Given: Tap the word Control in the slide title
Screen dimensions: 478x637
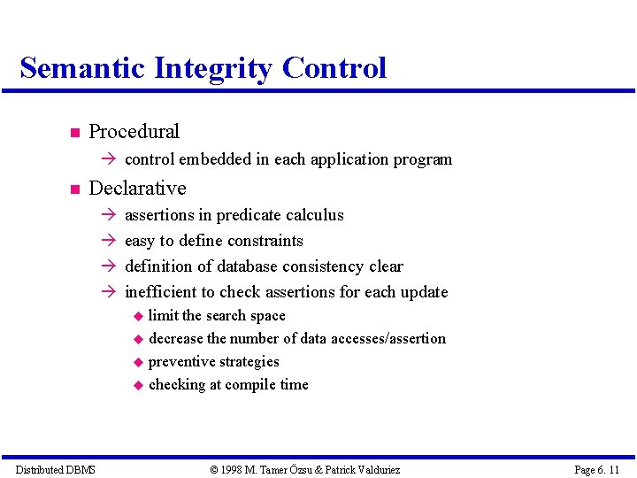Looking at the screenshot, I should [x=334, y=68].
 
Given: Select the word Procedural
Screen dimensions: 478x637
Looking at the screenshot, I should [x=134, y=132].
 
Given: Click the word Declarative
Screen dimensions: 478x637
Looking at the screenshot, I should [x=137, y=189].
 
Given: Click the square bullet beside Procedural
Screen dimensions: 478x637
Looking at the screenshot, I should [x=74, y=134].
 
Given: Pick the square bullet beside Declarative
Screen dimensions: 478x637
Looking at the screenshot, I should [x=74, y=190].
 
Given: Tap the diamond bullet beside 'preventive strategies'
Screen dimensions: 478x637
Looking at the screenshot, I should [x=138, y=363].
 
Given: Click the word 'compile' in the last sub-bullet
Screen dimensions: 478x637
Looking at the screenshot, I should [x=251, y=385].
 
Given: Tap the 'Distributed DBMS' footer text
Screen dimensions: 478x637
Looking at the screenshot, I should [x=56, y=469].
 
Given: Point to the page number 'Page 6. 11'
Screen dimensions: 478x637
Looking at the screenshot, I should [x=597, y=469].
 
